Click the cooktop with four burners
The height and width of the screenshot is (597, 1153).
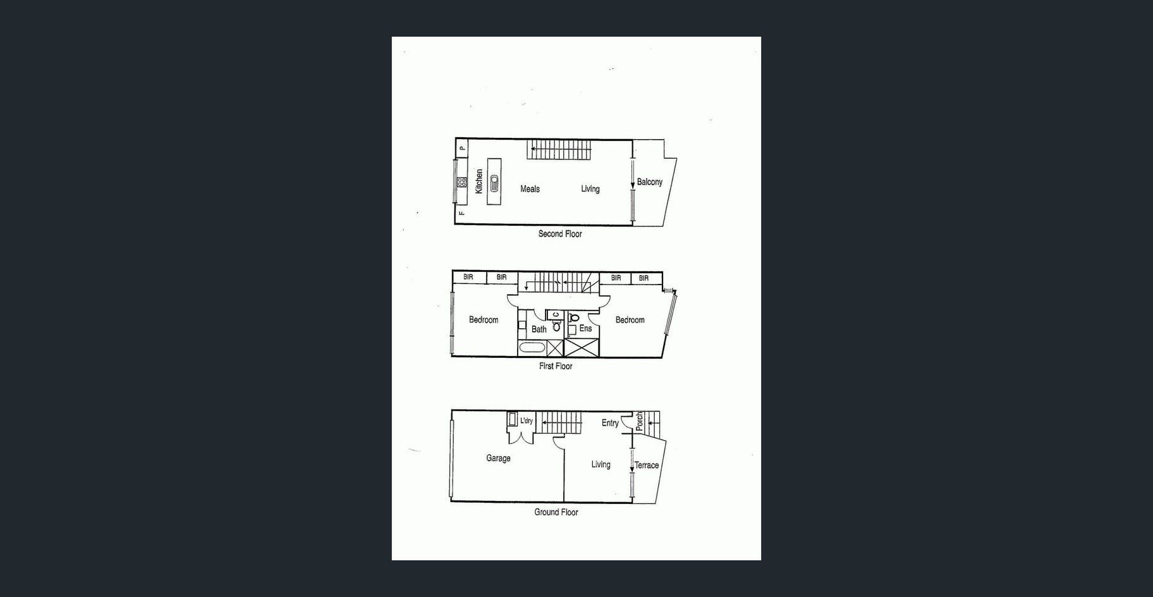462,182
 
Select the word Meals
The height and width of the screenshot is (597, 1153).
530,188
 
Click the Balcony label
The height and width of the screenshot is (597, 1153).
650,182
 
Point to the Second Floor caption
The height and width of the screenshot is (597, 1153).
560,234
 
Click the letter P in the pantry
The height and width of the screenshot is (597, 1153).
462,148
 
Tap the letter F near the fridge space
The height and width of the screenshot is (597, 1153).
462,214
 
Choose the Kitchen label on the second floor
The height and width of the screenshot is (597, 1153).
479,182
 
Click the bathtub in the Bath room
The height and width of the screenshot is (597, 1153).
532,348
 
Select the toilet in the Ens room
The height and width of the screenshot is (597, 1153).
573,317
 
